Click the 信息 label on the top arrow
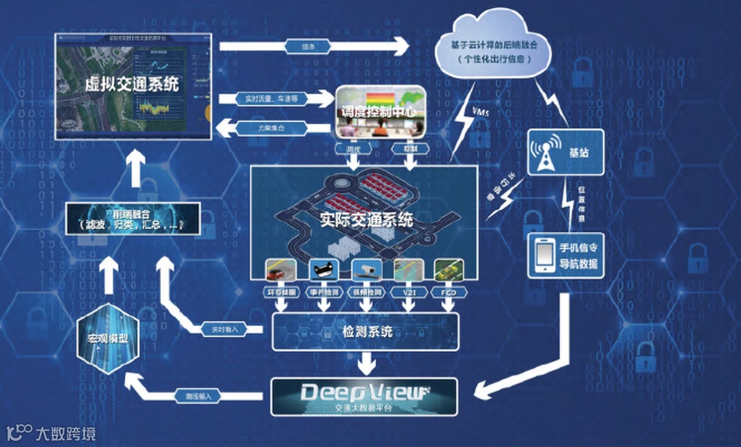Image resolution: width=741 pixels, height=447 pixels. (309, 47)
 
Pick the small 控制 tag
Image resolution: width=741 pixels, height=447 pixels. (405, 148)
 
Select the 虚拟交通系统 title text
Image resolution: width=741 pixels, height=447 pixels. (132, 84)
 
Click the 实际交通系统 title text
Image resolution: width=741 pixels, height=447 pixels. (366, 220)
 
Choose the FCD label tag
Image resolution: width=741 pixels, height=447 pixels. (450, 292)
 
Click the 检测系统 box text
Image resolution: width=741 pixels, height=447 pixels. (367, 332)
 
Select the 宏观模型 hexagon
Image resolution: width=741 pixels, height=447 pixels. (108, 337)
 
